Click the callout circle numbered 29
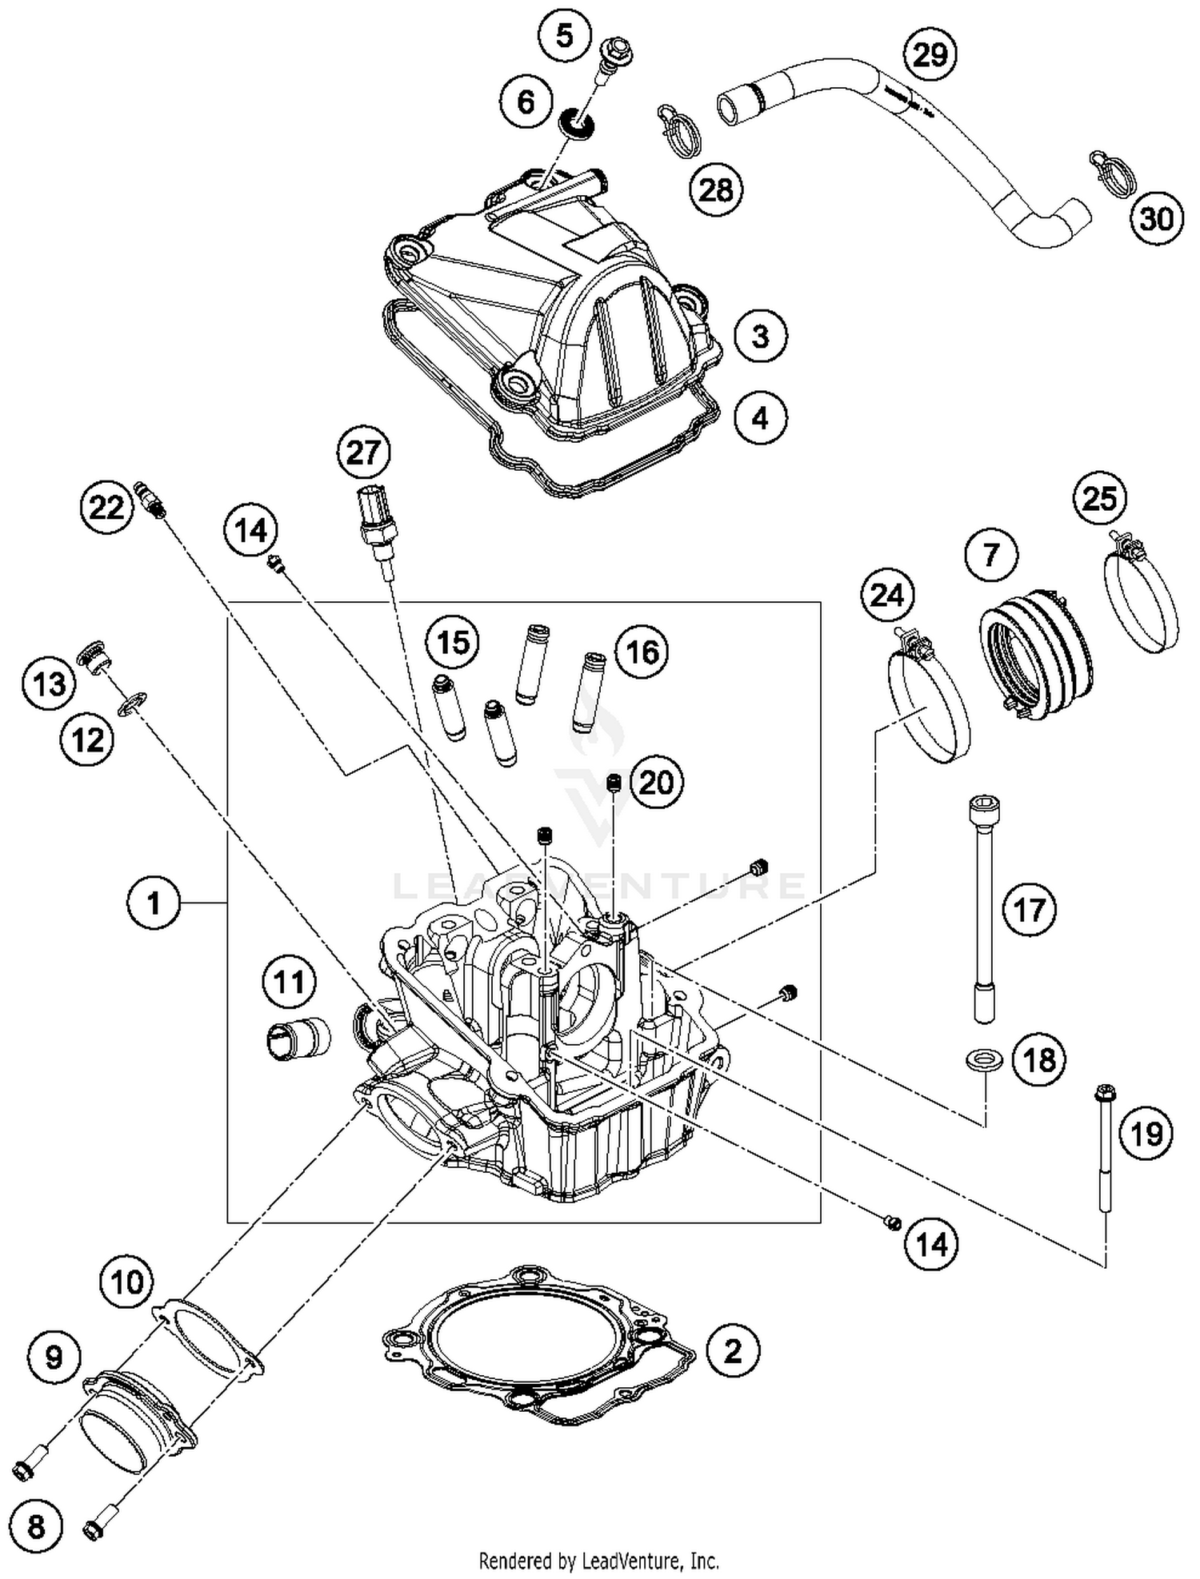(930, 55)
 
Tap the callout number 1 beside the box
(154, 903)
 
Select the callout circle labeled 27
(362, 453)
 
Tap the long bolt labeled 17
(983, 908)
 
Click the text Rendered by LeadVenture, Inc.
(598, 1560)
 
